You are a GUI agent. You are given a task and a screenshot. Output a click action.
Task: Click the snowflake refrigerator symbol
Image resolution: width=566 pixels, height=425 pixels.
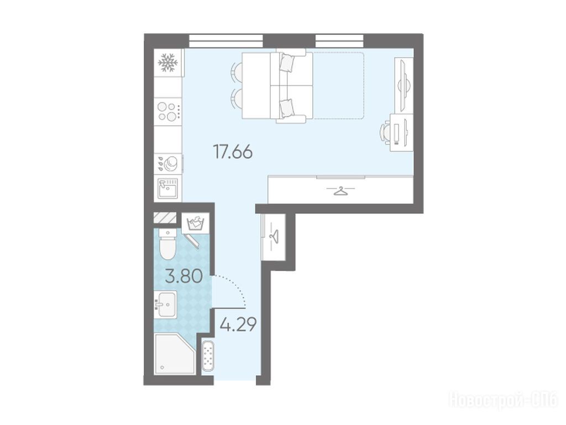tap(168, 63)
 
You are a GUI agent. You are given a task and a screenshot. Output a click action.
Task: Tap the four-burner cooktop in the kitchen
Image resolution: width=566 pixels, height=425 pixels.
tap(167, 112)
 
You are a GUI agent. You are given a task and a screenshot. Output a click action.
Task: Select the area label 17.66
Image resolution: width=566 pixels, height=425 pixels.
tap(233, 152)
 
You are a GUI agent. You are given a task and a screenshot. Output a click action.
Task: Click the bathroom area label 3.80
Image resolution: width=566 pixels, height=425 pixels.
tap(184, 277)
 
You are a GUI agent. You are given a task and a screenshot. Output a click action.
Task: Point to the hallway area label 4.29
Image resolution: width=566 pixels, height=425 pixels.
tap(238, 325)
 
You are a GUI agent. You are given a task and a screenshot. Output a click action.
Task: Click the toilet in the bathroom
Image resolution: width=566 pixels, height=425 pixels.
tap(167, 244)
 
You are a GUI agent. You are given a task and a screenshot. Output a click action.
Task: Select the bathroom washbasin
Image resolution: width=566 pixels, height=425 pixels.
tap(165, 304)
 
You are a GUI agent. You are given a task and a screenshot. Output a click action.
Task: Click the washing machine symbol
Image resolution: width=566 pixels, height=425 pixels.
tap(195, 222)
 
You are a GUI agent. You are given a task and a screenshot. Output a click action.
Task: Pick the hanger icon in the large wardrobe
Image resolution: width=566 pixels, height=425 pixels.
tap(340, 190)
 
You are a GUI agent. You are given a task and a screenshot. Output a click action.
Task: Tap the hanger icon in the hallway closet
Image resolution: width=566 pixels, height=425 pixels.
tap(274, 236)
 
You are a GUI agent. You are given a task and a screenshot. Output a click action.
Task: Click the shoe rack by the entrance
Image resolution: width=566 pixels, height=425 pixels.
tap(208, 356)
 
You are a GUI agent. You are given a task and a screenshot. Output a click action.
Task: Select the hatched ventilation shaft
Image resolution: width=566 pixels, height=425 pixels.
tap(165, 217)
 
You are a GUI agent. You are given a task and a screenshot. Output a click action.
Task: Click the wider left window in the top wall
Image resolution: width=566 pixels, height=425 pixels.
tap(226, 41)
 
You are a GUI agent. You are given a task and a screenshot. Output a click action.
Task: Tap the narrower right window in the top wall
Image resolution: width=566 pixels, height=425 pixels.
tap(339, 41)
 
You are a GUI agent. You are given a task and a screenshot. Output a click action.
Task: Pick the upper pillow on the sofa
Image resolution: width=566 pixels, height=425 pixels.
tap(287, 62)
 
